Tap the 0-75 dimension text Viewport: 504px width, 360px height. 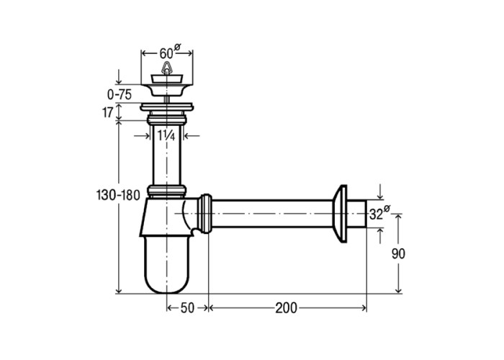[120, 94]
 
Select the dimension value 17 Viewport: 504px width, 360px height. [108, 112]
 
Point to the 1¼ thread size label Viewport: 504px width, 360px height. [166, 135]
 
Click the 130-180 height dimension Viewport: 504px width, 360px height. [118, 195]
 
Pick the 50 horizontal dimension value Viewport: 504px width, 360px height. [187, 308]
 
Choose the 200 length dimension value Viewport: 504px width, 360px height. [286, 308]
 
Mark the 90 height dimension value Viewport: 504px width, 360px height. [398, 254]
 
